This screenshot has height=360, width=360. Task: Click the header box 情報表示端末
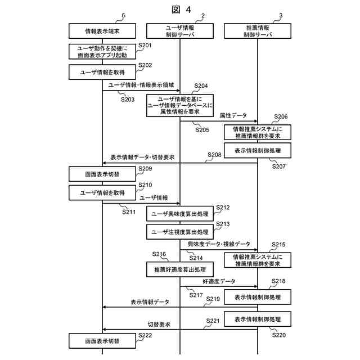[102, 30]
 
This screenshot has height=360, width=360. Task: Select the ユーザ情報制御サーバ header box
[180, 30]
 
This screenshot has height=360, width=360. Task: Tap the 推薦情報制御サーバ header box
[258, 30]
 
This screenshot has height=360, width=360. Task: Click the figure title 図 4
[179, 9]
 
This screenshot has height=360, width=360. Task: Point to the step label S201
[145, 45]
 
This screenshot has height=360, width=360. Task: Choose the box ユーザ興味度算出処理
[180, 214]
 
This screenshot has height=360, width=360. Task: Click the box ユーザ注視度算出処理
[180, 231]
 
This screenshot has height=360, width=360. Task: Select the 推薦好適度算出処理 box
[180, 270]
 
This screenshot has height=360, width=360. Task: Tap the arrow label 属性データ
[233, 115]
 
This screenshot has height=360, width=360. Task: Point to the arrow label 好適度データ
[219, 281]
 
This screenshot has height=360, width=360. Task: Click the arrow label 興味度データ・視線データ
[219, 244]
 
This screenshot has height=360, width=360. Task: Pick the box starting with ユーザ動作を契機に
[102, 52]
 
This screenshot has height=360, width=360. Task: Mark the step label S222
[145, 335]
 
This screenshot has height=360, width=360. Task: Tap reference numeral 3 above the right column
[280, 16]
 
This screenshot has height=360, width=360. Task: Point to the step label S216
[159, 254]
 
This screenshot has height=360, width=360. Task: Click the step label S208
[214, 154]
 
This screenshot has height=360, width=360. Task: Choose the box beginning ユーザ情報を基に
[180, 105]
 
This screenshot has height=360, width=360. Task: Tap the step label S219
[213, 298]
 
